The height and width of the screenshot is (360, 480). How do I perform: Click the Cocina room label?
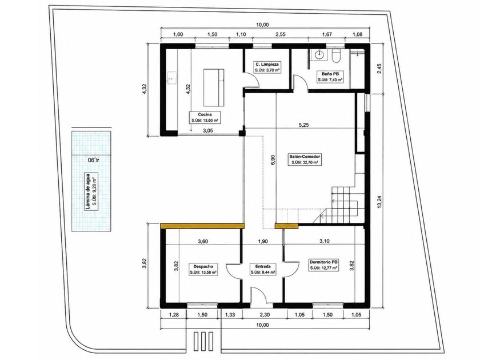[205, 118]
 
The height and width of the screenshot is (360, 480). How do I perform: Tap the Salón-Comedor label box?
[305, 159]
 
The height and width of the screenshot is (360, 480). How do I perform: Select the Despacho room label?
[203, 269]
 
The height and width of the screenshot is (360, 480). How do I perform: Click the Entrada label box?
[263, 269]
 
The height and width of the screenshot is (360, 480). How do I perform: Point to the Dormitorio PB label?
[323, 265]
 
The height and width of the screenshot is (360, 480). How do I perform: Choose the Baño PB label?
[330, 77]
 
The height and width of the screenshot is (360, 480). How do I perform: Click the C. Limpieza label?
[267, 67]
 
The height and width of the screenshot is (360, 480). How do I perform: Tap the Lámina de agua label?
[91, 191]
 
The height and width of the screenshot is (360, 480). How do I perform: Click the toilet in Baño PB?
[336, 56]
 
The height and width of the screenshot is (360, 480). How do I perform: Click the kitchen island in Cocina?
[214, 87]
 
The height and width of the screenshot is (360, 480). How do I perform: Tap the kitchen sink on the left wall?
[171, 78]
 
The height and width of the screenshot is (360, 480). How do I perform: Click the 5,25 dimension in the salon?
[304, 125]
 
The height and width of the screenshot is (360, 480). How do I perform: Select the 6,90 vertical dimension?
[273, 160]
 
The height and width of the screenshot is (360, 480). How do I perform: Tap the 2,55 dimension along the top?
[281, 34]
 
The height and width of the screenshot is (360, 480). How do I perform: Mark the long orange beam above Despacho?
[202, 226]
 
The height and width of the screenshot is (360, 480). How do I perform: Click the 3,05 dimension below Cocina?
[208, 130]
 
